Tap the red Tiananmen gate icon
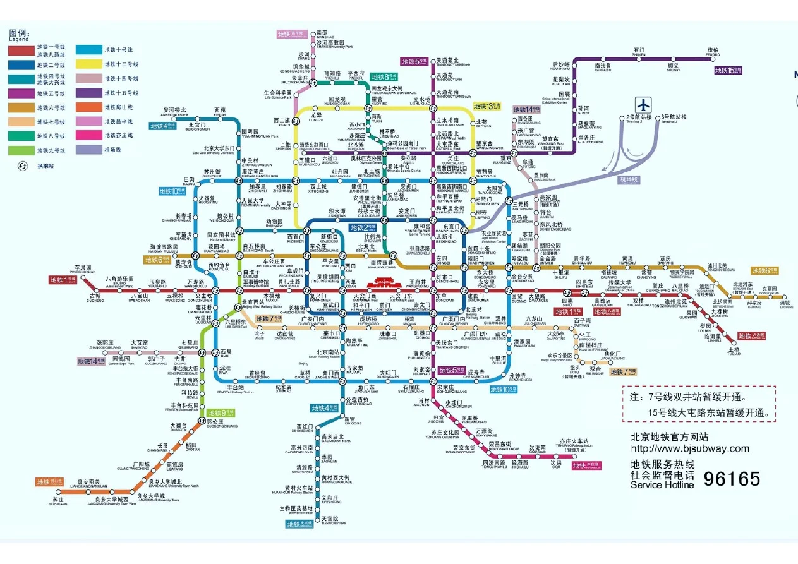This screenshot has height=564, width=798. [380, 283]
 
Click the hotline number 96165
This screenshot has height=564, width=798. [732, 479]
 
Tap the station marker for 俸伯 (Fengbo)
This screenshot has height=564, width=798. [713, 57]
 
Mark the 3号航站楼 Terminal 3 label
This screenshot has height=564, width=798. [673, 117]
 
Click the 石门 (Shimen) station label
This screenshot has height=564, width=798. [638, 51]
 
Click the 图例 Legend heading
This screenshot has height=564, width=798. [19, 34]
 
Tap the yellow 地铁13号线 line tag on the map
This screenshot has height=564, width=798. [487, 105]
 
